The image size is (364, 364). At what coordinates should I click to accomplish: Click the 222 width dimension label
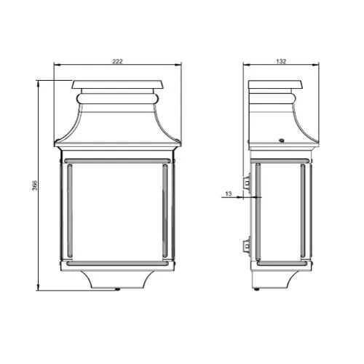(117, 61)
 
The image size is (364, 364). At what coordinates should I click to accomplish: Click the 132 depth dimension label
(281, 61)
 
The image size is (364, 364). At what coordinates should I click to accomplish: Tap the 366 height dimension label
(35, 185)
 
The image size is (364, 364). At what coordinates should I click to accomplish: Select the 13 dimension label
(229, 194)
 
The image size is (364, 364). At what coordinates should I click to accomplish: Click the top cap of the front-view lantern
(117, 84)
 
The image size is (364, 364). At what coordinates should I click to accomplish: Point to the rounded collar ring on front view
(117, 99)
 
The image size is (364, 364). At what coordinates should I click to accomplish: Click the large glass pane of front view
(117, 212)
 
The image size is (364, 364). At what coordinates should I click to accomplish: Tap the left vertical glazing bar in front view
(70, 210)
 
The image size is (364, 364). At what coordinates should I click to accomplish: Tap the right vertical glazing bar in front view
(165, 210)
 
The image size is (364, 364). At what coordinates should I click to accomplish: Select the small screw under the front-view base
(117, 289)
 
